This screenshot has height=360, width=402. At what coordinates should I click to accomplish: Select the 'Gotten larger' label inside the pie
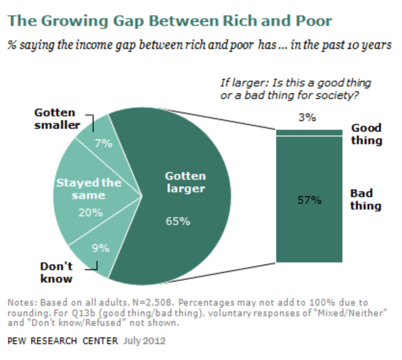[x=185, y=182]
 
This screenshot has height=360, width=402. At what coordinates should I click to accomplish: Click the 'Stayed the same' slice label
[x=89, y=189]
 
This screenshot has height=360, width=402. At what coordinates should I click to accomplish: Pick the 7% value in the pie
[x=103, y=143]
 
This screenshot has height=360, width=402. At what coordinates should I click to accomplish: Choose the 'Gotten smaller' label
[x=57, y=119]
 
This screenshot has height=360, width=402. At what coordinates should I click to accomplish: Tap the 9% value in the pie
[x=100, y=248]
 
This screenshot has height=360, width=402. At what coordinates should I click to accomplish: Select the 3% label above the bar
[x=307, y=117]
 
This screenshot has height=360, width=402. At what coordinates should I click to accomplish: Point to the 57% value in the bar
[x=309, y=200]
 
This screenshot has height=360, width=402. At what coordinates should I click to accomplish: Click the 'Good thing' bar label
[x=366, y=134]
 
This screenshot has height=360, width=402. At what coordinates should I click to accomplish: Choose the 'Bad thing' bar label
[x=365, y=199]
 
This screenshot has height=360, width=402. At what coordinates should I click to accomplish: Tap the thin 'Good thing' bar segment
[x=309, y=133]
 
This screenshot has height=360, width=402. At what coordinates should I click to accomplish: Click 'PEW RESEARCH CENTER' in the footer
[x=63, y=342]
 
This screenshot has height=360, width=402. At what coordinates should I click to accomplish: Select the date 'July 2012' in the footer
[x=145, y=341]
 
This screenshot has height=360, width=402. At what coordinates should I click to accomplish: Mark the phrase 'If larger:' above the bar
[x=241, y=83]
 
